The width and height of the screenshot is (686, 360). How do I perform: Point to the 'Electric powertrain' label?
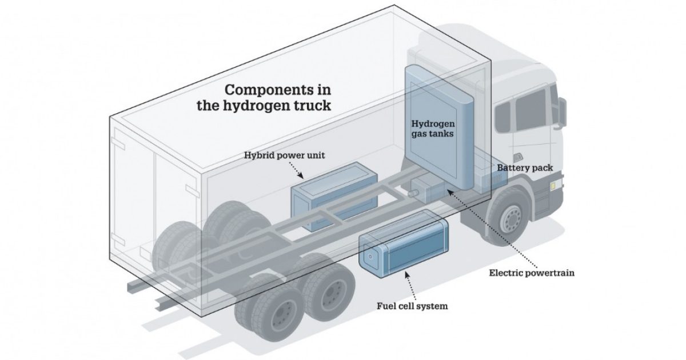point(531,273)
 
